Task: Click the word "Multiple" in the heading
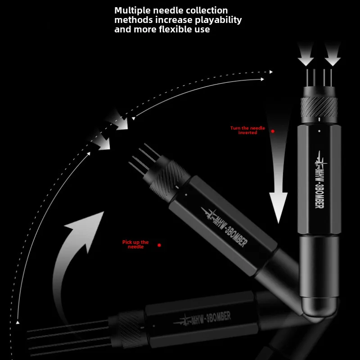click(x=132, y=11)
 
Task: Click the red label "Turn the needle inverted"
click(x=247, y=130)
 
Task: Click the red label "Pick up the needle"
click(x=135, y=244)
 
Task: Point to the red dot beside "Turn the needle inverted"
click(x=273, y=131)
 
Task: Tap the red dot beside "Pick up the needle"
click(x=159, y=245)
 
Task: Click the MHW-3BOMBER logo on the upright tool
click(x=320, y=180)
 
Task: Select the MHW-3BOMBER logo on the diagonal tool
click(x=224, y=227)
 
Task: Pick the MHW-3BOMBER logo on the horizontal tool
click(x=202, y=318)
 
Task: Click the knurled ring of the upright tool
click(x=319, y=107)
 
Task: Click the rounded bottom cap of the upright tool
click(x=319, y=307)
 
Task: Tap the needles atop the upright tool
click(x=319, y=77)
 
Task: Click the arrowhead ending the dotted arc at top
click(x=271, y=72)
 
